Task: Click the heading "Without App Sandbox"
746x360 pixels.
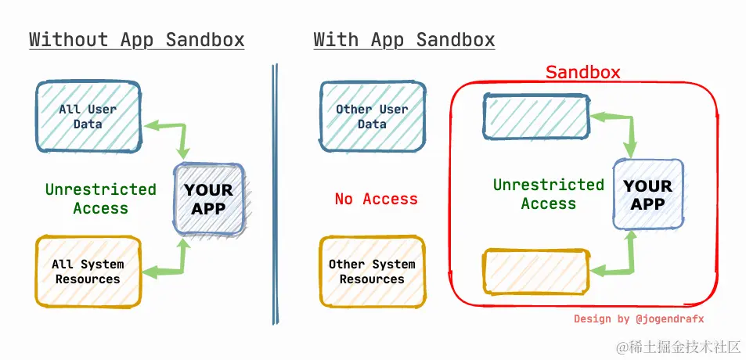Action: pyautogui.click(x=137, y=40)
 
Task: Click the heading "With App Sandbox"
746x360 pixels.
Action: pyautogui.click(x=404, y=40)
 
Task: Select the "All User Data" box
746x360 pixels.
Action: pyautogui.click(x=88, y=117)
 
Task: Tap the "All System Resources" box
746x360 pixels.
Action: pyautogui.click(x=88, y=272)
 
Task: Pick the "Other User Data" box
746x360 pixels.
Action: pyautogui.click(x=373, y=117)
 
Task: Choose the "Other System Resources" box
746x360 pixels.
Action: pyautogui.click(x=373, y=272)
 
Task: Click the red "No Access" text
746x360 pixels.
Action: pyautogui.click(x=376, y=200)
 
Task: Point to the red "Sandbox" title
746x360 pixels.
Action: pyautogui.click(x=582, y=73)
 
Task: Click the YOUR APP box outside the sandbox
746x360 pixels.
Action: pyautogui.click(x=209, y=199)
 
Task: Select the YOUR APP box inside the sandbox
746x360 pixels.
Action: pyautogui.click(x=648, y=195)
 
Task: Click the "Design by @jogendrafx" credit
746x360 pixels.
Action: pyautogui.click(x=639, y=319)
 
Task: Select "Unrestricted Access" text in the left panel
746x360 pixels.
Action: pyautogui.click(x=100, y=199)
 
